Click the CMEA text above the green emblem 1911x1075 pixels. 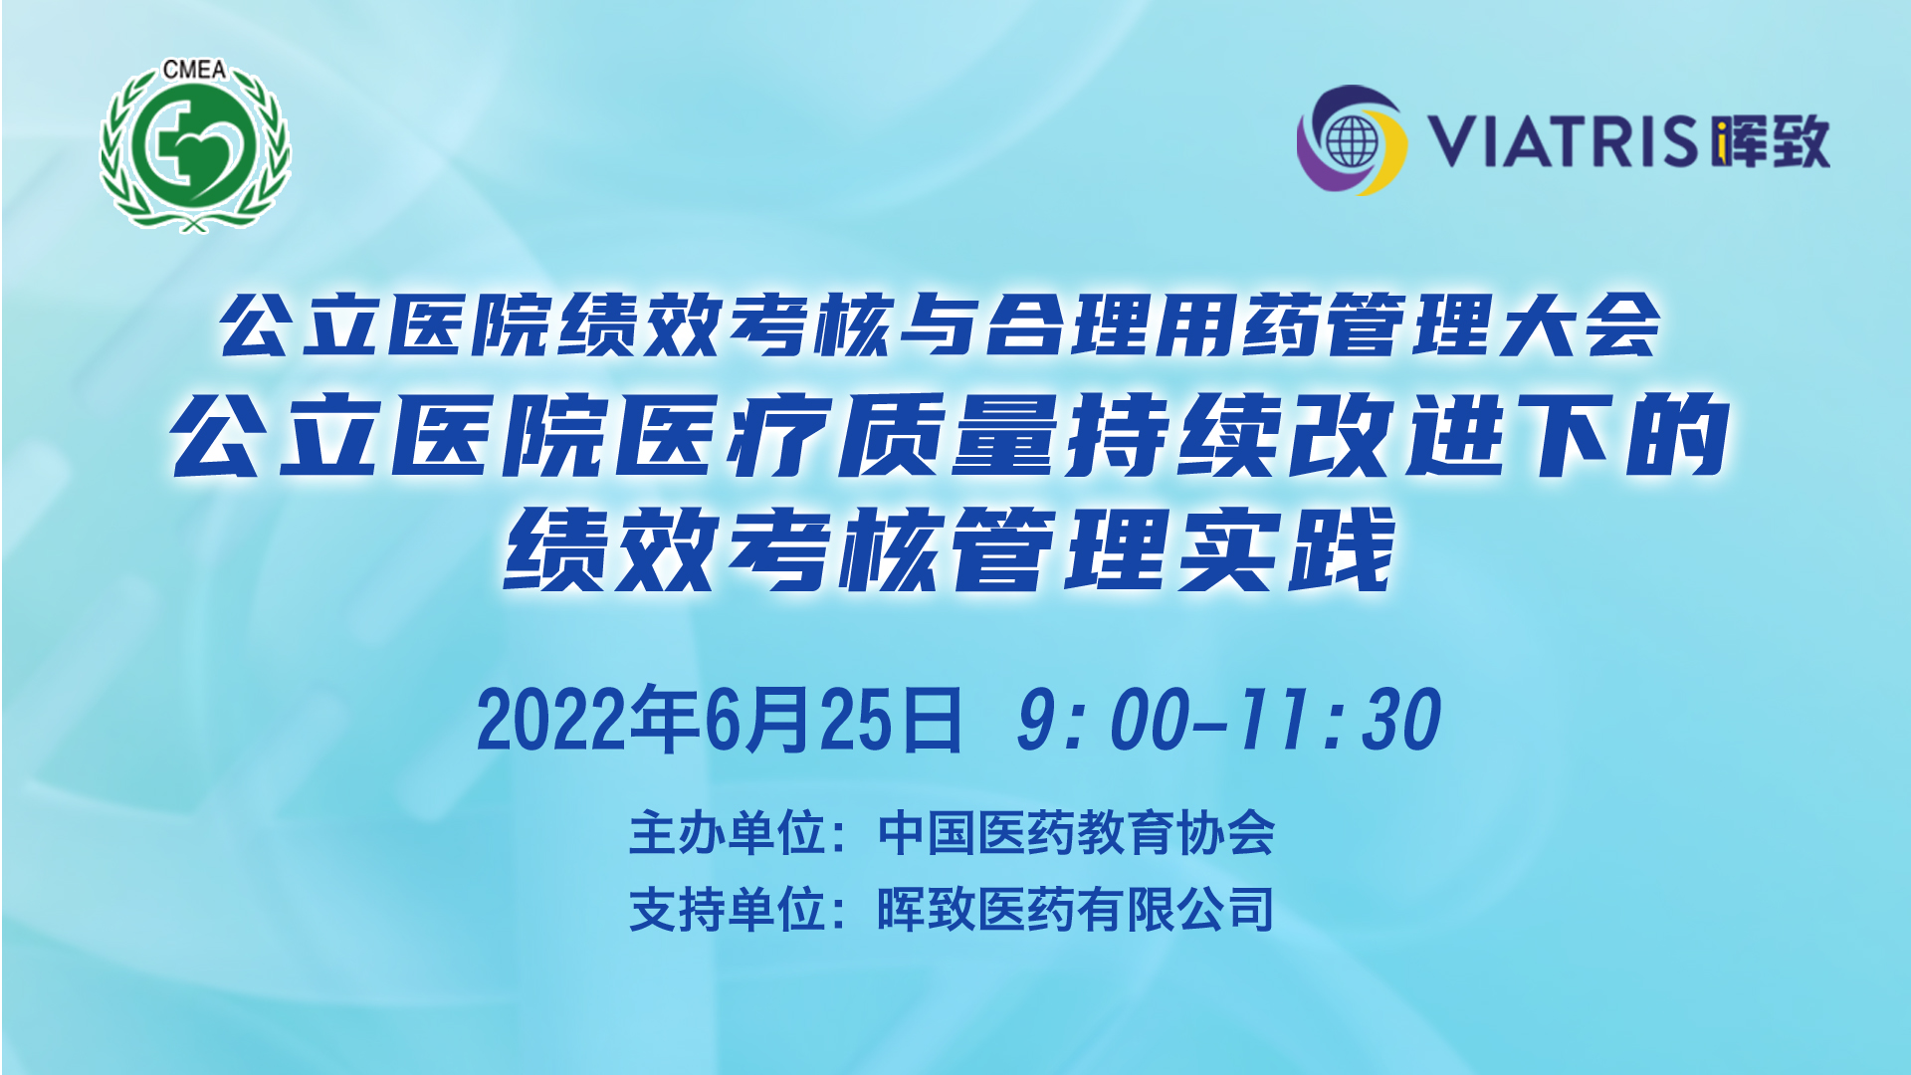pyautogui.click(x=195, y=70)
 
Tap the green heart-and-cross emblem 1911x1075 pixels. pyautogui.click(x=195, y=146)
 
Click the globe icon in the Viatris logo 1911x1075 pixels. pyautogui.click(x=1351, y=142)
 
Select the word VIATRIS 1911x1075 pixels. pyautogui.click(x=1563, y=140)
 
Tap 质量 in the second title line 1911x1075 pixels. pyautogui.click(x=948, y=435)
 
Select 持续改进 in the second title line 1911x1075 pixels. pyautogui.click(x=1286, y=435)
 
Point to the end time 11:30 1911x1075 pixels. pyautogui.click(x=1340, y=720)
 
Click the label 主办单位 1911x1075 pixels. pyautogui.click(x=729, y=833)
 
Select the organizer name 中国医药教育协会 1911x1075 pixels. pyautogui.click(x=1076, y=833)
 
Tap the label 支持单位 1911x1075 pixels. pyautogui.click(x=729, y=909)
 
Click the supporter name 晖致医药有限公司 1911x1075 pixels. pyautogui.click(x=1076, y=909)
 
